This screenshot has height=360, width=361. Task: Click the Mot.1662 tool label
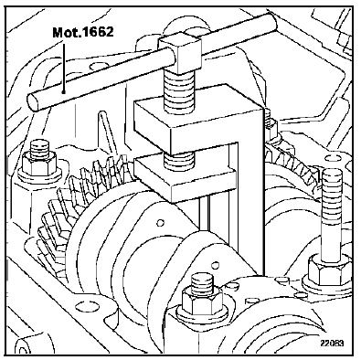(x=83, y=32)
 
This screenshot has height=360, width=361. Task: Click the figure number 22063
(x=332, y=344)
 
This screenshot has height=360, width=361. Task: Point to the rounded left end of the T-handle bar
(x=34, y=101)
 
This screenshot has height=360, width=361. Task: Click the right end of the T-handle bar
(x=271, y=22)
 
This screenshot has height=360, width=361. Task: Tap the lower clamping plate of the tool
(x=186, y=180)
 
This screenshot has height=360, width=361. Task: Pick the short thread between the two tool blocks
(x=179, y=161)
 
